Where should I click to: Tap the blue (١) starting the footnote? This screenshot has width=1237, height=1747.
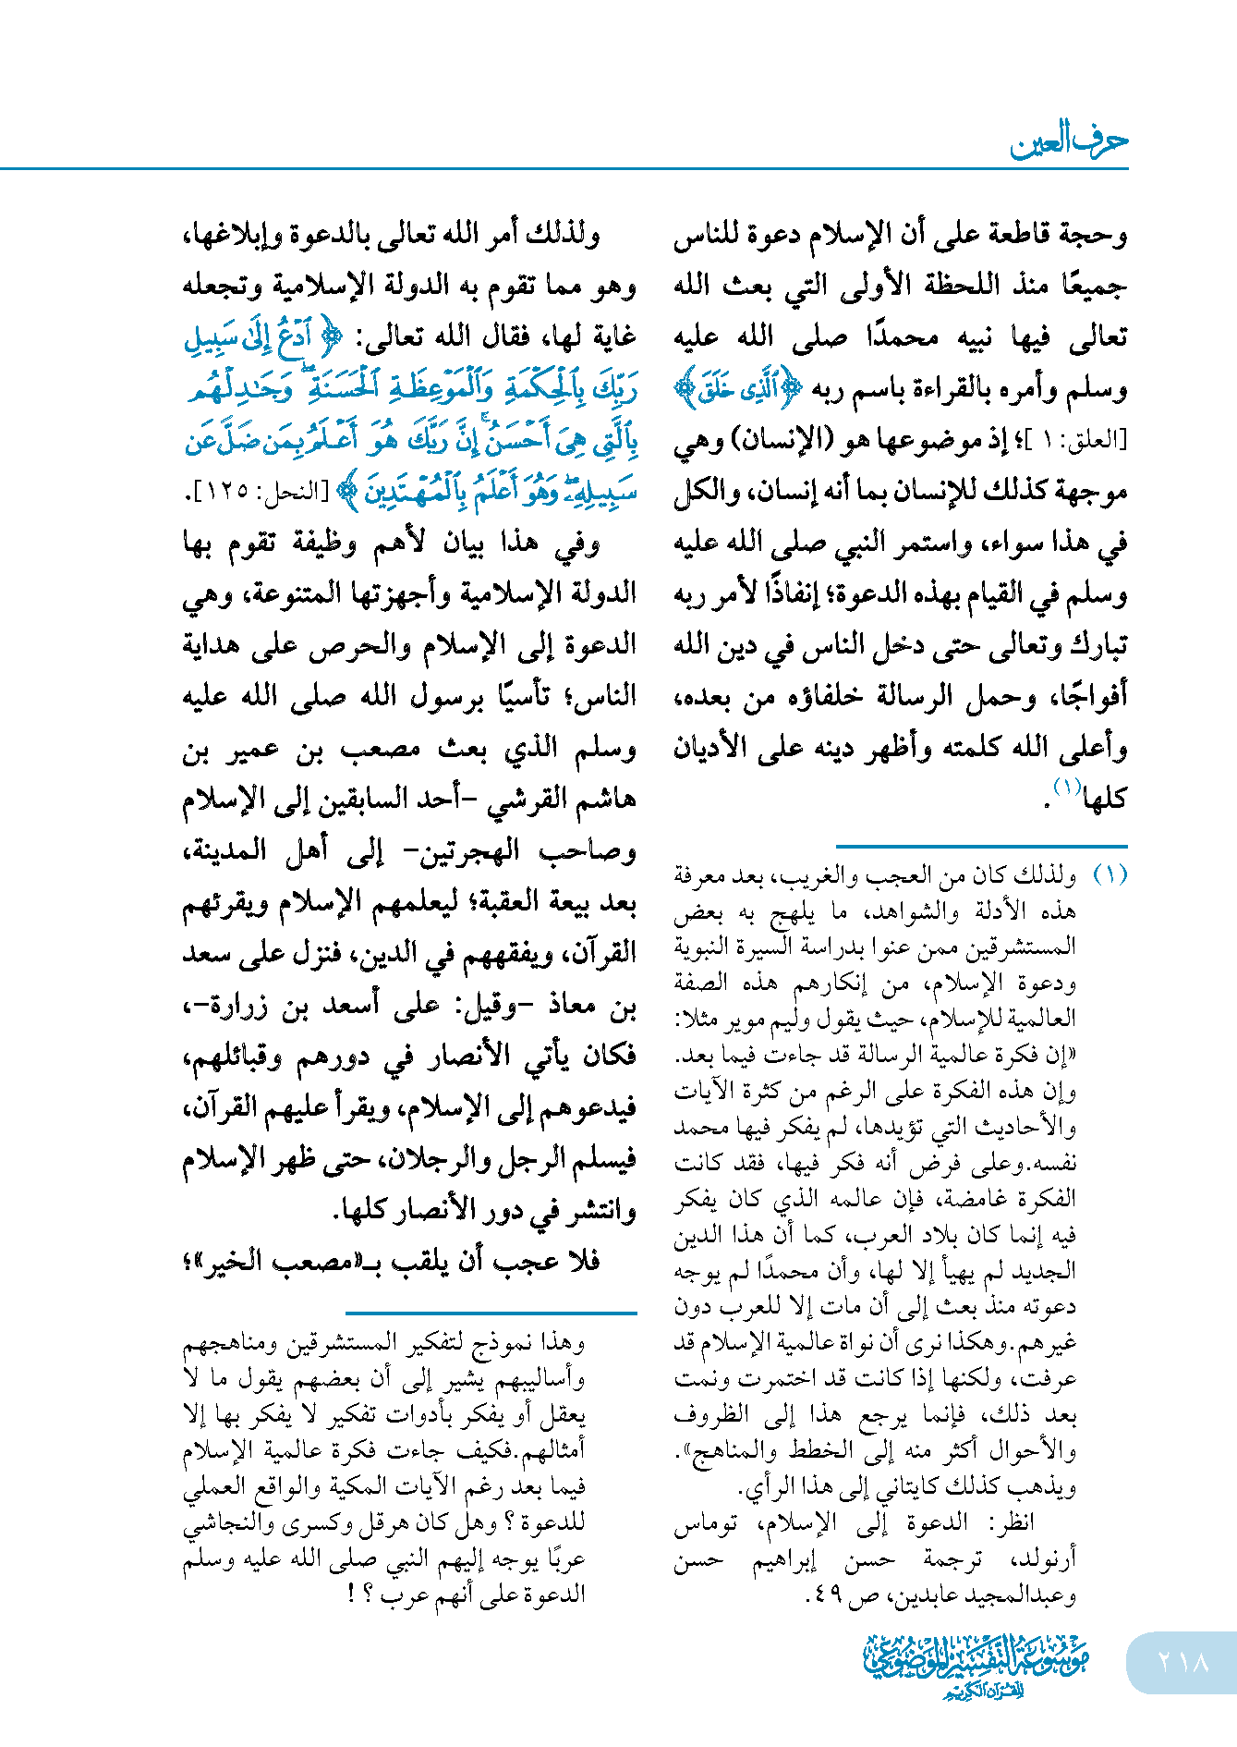[1110, 874]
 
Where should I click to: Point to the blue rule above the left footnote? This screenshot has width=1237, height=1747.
[491, 1312]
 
